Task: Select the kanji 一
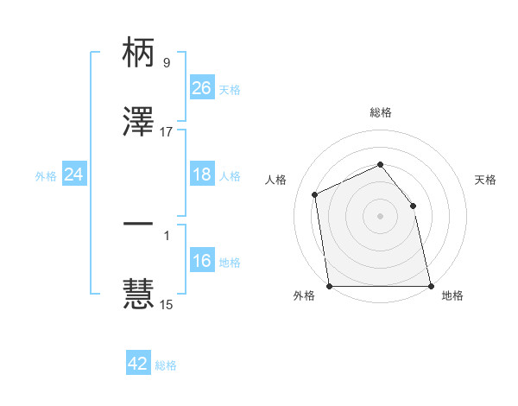click(139, 225)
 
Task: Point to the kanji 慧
click(139, 293)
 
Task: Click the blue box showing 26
click(201, 88)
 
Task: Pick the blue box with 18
click(201, 175)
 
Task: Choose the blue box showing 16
click(201, 262)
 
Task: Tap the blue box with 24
click(73, 175)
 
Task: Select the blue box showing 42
click(138, 364)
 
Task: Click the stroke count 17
click(167, 132)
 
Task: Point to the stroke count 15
click(167, 304)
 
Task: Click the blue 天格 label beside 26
click(230, 89)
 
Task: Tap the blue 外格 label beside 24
click(46, 176)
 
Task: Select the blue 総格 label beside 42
click(166, 365)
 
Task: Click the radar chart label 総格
click(380, 113)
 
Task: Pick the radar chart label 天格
click(485, 180)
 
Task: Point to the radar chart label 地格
click(452, 296)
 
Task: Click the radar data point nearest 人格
click(315, 194)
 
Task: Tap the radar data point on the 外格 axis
click(329, 286)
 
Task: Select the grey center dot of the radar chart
click(380, 215)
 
